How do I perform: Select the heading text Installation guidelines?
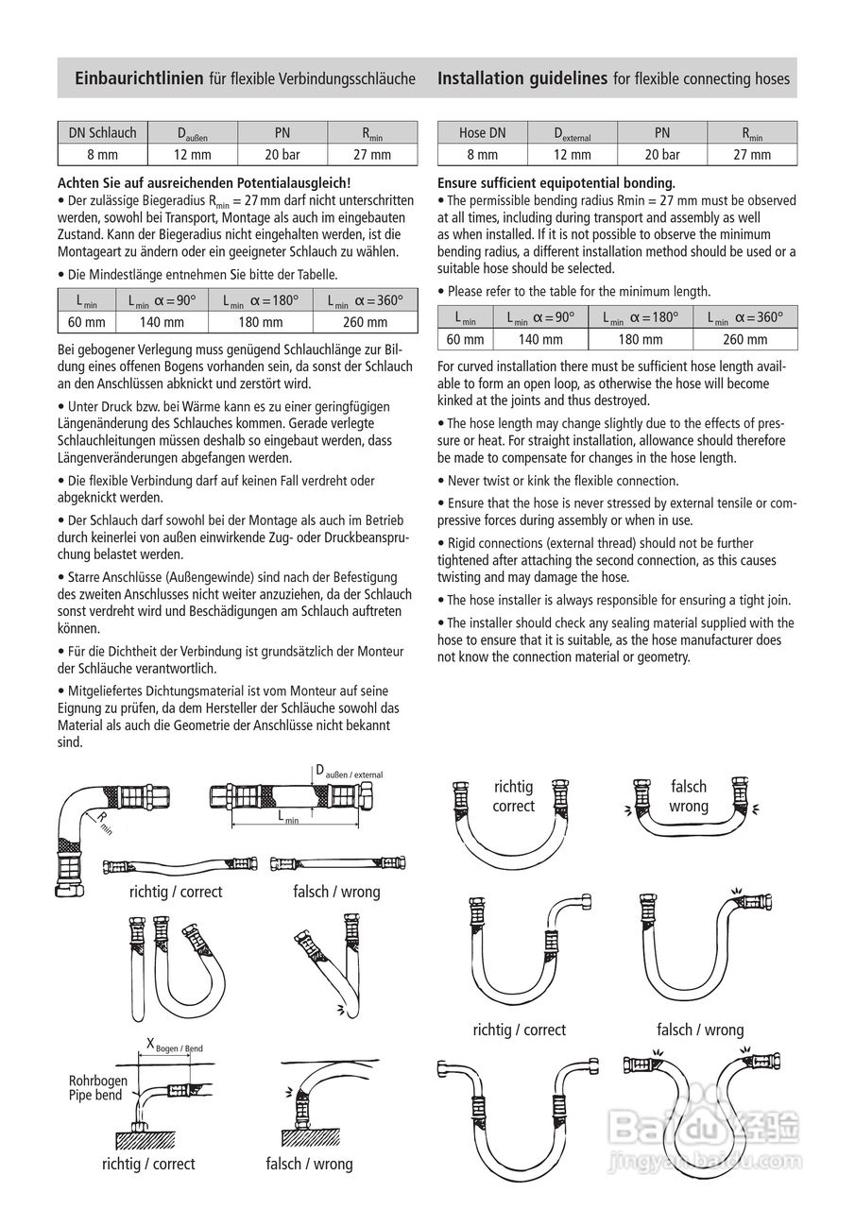[522, 78]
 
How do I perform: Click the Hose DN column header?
[482, 133]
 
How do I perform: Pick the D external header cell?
[572, 134]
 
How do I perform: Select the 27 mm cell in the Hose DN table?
[752, 154]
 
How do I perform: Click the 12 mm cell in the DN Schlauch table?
[192, 154]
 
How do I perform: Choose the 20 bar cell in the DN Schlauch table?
[282, 154]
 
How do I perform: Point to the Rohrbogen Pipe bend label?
[95, 1088]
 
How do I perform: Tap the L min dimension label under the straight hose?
[288, 818]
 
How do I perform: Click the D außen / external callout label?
[349, 771]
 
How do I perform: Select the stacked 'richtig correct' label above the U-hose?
[513, 796]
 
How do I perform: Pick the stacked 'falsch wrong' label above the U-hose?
[688, 796]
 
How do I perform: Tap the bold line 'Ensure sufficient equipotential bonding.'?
[556, 182]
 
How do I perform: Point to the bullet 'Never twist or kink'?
[562, 480]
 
